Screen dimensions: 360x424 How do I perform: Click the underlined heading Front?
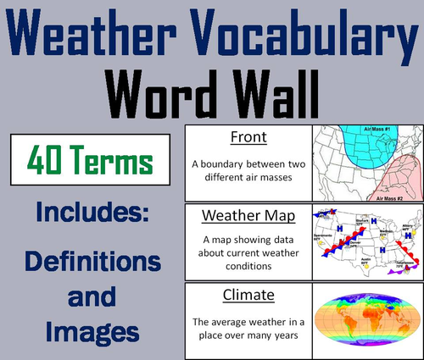point(248,138)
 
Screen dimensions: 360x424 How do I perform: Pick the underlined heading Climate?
point(248,295)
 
